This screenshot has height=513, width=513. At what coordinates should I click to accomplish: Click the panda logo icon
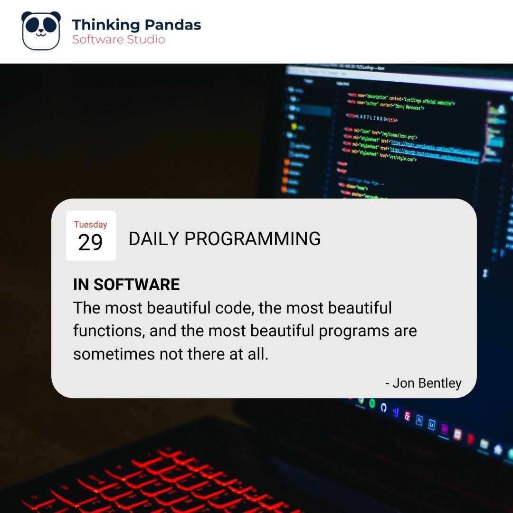(x=41, y=30)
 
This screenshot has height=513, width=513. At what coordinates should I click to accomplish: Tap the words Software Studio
(x=119, y=39)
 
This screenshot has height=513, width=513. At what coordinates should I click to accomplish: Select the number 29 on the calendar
(x=90, y=243)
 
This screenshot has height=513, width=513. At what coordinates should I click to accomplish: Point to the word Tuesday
(x=90, y=225)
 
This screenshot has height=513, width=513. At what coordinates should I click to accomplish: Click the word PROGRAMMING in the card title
(x=252, y=239)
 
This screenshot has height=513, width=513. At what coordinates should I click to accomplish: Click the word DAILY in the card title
(x=154, y=239)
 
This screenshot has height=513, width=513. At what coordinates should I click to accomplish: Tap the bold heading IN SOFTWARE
(x=126, y=285)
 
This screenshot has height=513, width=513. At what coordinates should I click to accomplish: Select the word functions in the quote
(x=108, y=331)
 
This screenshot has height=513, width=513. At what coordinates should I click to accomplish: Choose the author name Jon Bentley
(x=427, y=383)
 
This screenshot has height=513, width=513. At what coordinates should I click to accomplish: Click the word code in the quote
(x=228, y=308)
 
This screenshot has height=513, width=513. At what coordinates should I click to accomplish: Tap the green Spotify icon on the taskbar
(x=372, y=404)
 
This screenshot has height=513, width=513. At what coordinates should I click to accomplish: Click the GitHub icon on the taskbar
(x=384, y=408)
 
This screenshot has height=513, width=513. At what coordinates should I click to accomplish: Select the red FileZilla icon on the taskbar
(x=407, y=416)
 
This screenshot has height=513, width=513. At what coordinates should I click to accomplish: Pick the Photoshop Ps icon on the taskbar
(x=419, y=420)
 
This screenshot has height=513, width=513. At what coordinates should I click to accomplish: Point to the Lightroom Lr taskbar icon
(x=432, y=424)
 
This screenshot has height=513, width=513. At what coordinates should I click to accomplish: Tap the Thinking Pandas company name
(x=136, y=25)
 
